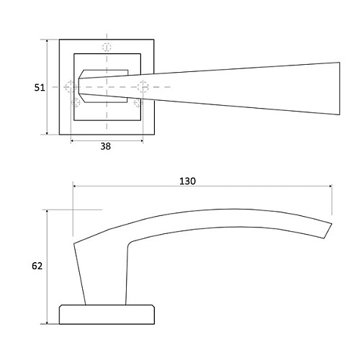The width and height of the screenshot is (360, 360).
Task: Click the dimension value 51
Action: point(40,88)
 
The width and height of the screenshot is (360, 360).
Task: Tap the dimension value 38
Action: point(106,146)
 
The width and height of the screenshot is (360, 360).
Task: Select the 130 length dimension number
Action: point(187,181)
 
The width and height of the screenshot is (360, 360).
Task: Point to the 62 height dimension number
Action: point(37,266)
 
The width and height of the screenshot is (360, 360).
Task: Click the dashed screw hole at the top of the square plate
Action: point(107,47)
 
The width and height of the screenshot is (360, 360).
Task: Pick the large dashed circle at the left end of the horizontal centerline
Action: point(71,87)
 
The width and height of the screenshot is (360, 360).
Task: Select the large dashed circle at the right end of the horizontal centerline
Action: point(143,87)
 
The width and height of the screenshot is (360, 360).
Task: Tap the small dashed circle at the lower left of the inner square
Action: point(76,102)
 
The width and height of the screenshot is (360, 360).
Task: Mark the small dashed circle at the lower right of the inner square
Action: point(138,103)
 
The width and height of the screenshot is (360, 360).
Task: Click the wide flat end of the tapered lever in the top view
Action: point(339,89)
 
